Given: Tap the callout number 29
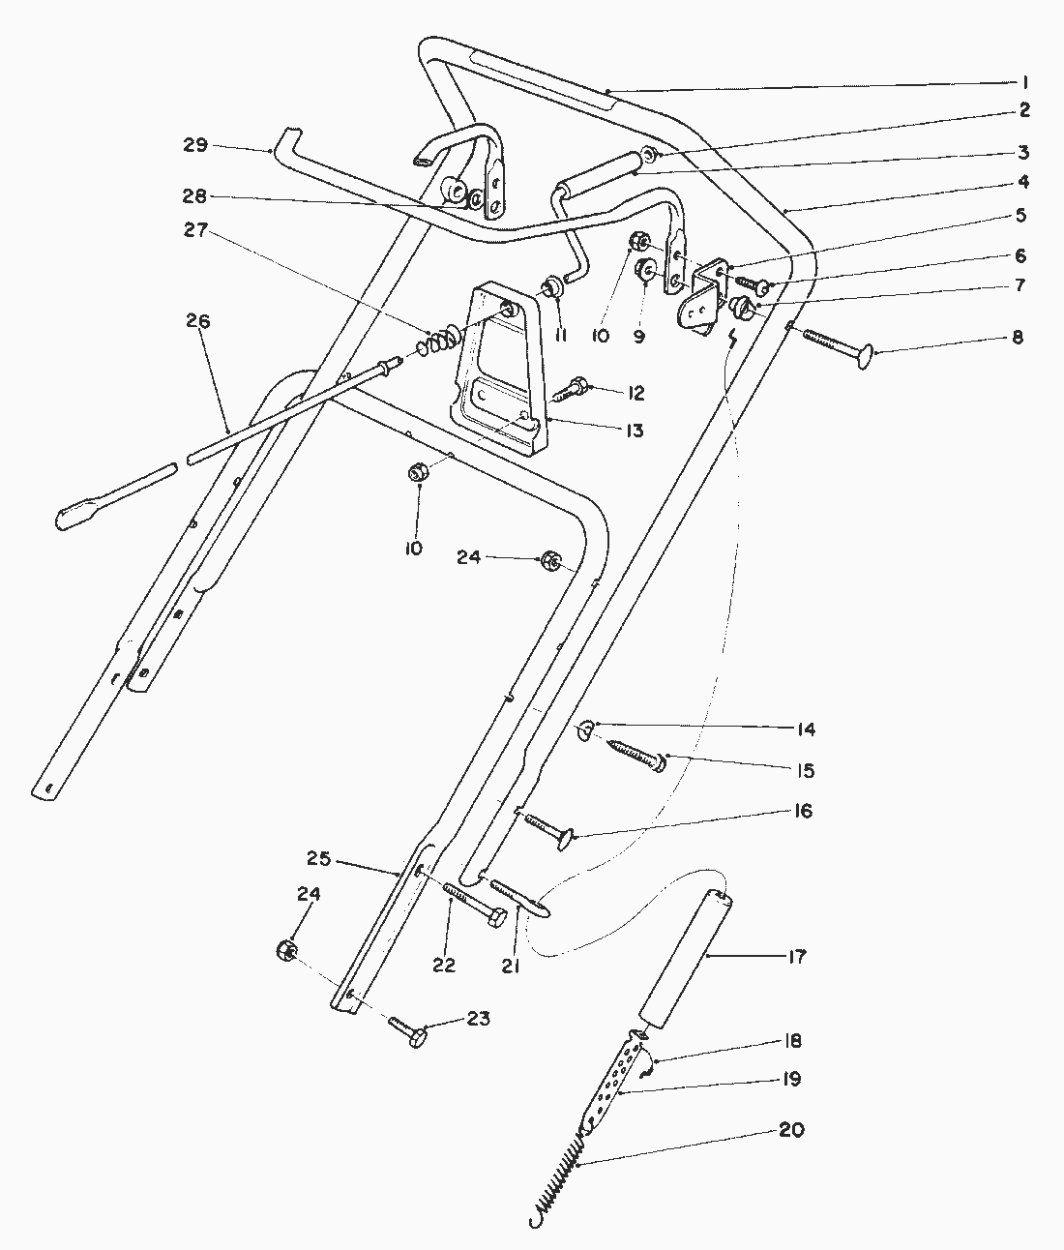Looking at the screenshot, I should click(x=195, y=145).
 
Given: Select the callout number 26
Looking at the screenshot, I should click(x=198, y=322).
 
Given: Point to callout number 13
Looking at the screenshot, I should click(x=634, y=431).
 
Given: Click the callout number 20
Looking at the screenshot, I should click(x=792, y=1130).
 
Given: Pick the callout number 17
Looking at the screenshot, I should click(x=795, y=957).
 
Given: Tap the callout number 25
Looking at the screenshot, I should click(x=319, y=858).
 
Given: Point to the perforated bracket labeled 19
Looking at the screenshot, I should click(x=613, y=1085).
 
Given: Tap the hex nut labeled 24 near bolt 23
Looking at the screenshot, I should click(x=285, y=950).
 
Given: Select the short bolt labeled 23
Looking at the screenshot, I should click(x=410, y=1031).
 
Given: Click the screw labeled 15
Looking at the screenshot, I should click(x=637, y=754).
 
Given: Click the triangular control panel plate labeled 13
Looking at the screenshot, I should click(x=498, y=368).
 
